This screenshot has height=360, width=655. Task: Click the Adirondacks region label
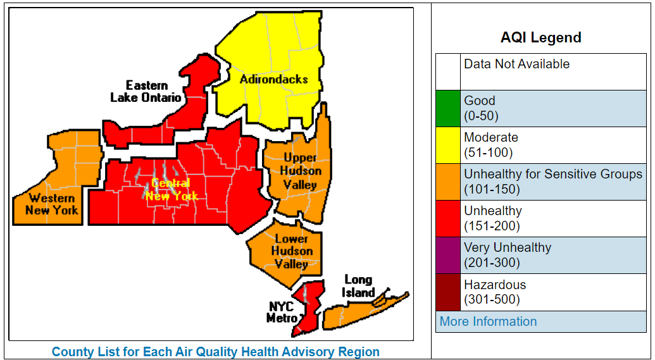pyautogui.click(x=273, y=79)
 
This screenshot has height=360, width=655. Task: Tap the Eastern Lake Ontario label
pyautogui.click(x=146, y=92)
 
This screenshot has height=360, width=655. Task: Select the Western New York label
pyautogui.click(x=52, y=204)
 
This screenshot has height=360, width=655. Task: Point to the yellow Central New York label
pyautogui.click(x=172, y=190)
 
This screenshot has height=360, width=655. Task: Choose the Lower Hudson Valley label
pyautogui.click(x=292, y=251)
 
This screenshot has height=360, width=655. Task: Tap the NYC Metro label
pyautogui.click(x=282, y=312)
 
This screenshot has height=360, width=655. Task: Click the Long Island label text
pyautogui.click(x=359, y=286)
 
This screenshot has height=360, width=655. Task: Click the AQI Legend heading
pyautogui.click(x=540, y=37)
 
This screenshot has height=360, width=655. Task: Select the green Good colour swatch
pyautogui.click(x=448, y=108)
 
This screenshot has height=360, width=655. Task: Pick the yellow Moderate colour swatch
pyautogui.click(x=448, y=145)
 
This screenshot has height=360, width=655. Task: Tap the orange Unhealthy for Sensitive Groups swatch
pyautogui.click(x=448, y=182)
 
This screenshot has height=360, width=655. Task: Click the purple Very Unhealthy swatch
pyautogui.click(x=448, y=255)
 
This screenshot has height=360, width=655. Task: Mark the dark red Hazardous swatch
pyautogui.click(x=448, y=292)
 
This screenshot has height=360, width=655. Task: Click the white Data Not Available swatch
pyautogui.click(x=448, y=71)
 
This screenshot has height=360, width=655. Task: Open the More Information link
pyautogui.click(x=488, y=321)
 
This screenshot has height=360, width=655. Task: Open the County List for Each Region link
pyautogui.click(x=216, y=352)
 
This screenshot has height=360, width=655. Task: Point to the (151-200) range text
pyautogui.click(x=492, y=226)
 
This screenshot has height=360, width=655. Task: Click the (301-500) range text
pyautogui.click(x=492, y=299)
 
